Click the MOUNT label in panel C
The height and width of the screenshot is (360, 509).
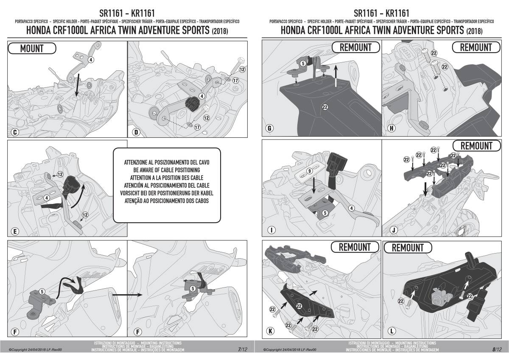(x=32, y=48)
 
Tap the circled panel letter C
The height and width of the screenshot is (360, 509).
(x=15, y=132)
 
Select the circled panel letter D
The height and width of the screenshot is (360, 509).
(x=136, y=132)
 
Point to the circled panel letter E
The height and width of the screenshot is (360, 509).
(x=15, y=232)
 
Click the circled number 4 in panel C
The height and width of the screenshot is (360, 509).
(x=91, y=60)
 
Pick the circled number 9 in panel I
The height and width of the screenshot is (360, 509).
(x=310, y=171)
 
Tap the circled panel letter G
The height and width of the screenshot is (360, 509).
(x=269, y=128)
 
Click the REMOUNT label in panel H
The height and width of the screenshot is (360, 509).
(x=476, y=47)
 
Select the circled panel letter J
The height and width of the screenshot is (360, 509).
(x=394, y=230)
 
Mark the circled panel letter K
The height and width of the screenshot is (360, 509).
(x=271, y=331)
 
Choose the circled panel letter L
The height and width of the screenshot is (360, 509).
(x=392, y=331)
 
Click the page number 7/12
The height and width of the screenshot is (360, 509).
(x=243, y=349)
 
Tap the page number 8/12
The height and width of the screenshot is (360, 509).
(x=497, y=349)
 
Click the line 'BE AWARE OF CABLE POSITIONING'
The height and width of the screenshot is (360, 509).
(x=167, y=170)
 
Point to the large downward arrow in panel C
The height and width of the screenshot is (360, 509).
(x=78, y=85)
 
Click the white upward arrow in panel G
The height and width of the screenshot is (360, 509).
(x=335, y=75)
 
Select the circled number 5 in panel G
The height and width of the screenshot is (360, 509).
(x=303, y=63)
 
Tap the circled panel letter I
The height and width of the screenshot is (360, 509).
(x=271, y=230)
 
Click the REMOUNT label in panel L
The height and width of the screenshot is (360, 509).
(x=408, y=248)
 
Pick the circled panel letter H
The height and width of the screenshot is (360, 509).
(x=392, y=128)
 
